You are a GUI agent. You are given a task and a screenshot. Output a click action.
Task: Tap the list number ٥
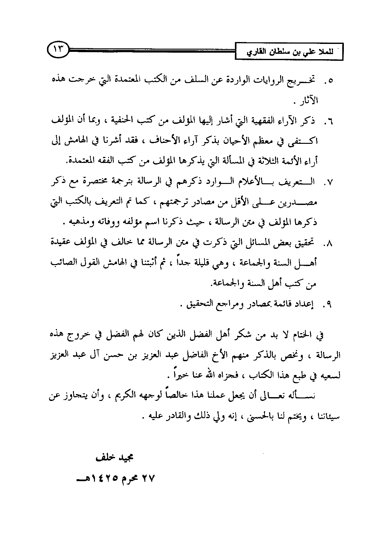(330, 81)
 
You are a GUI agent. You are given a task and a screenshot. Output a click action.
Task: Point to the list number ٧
(330, 183)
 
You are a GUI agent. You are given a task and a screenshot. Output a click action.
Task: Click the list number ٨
(330, 244)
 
